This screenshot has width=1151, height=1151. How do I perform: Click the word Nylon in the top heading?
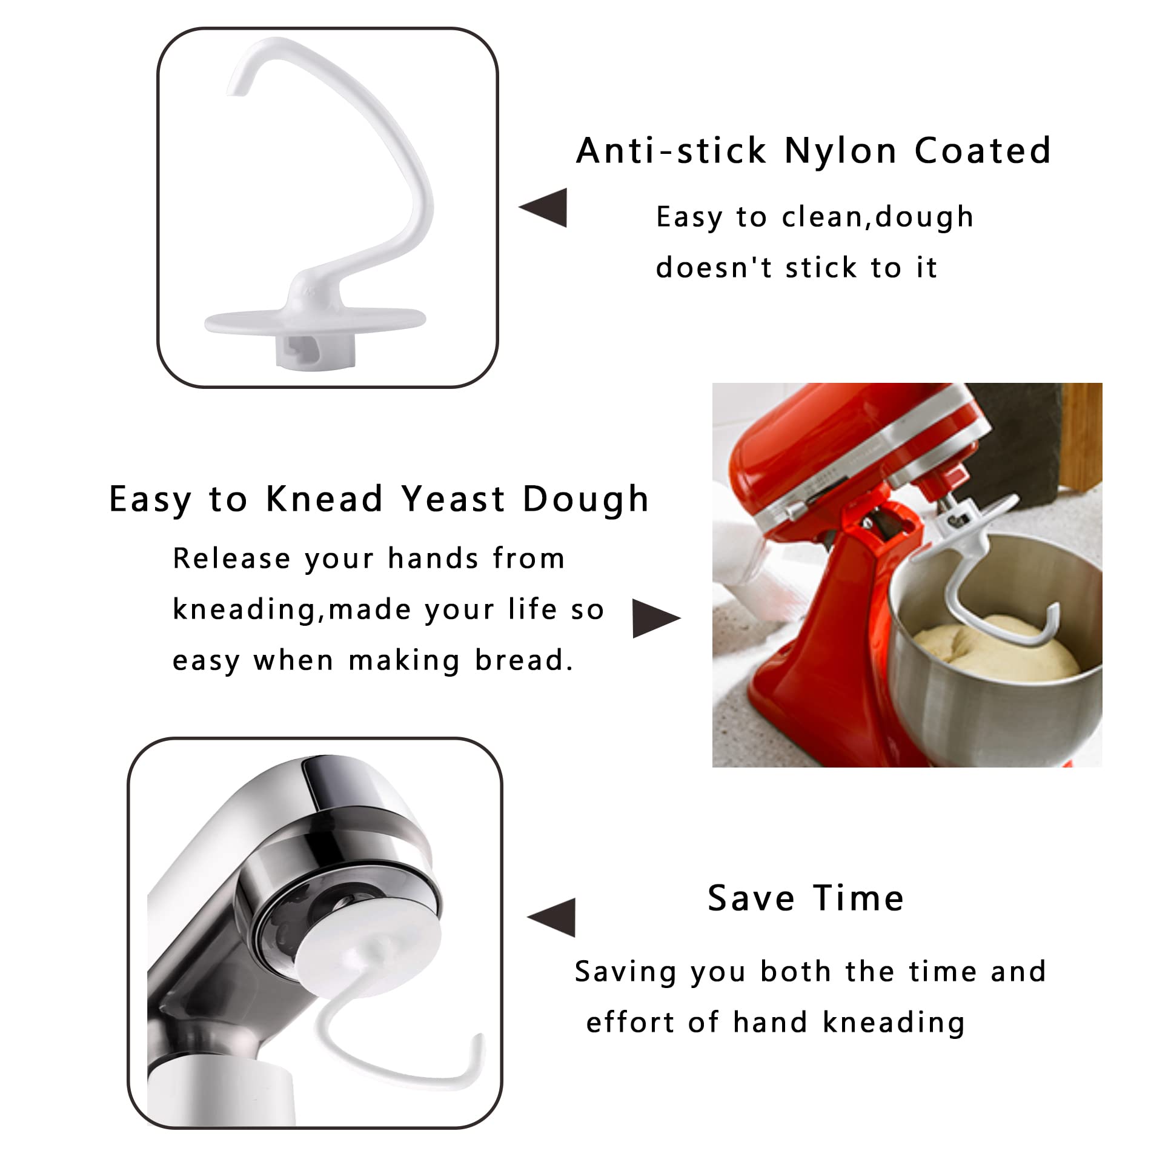click(x=840, y=151)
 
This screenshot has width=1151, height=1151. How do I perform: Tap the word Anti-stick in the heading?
click(x=671, y=151)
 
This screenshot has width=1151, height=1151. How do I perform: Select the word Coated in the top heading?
click(x=983, y=151)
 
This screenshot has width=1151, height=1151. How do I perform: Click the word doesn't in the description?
click(x=714, y=268)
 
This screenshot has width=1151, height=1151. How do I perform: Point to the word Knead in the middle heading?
click(x=325, y=499)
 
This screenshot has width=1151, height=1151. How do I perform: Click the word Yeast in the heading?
click(x=453, y=499)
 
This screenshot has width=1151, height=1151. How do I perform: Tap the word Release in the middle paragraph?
click(x=231, y=559)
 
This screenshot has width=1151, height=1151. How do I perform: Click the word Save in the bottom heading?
click(x=750, y=898)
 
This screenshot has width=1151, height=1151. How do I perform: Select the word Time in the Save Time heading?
click(x=859, y=898)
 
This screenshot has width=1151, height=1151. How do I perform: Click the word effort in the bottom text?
click(x=630, y=1023)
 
